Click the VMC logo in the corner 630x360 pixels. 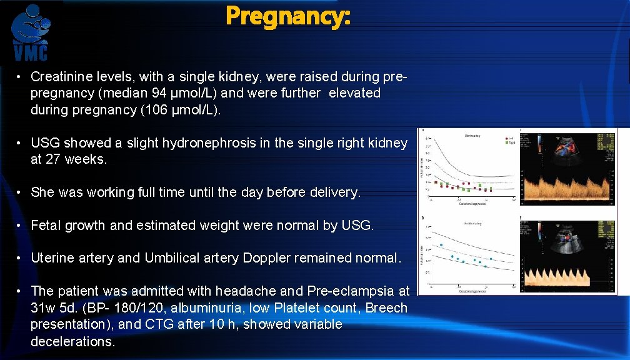31,32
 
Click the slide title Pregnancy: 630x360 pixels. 288,16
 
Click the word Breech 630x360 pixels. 386,308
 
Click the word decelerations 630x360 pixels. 72,341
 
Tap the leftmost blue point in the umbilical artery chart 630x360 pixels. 441,244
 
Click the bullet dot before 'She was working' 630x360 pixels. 20,192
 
